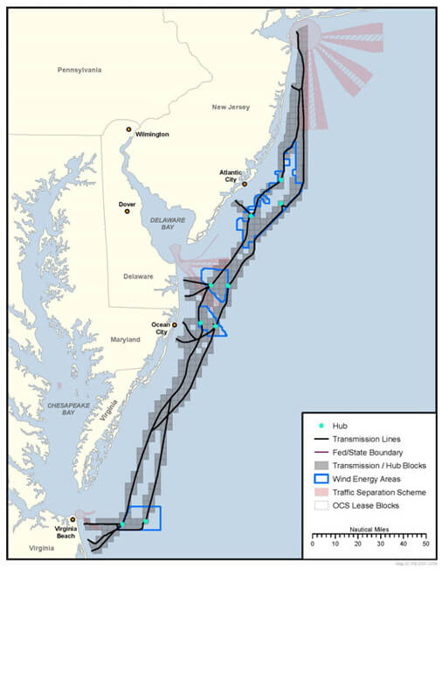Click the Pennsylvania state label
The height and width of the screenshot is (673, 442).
pos(79,69)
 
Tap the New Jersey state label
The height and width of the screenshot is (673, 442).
pos(231,107)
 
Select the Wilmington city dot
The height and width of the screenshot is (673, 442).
pos(128,129)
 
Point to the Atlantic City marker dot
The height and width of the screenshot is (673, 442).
pos(245,184)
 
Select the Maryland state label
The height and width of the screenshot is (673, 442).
pos(125,339)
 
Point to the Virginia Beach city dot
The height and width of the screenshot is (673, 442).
pos(73,519)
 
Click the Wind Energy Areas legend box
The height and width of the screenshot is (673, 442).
pos(321,479)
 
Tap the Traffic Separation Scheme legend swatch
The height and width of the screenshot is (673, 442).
pos(321,492)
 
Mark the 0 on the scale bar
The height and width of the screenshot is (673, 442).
pos(312,544)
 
